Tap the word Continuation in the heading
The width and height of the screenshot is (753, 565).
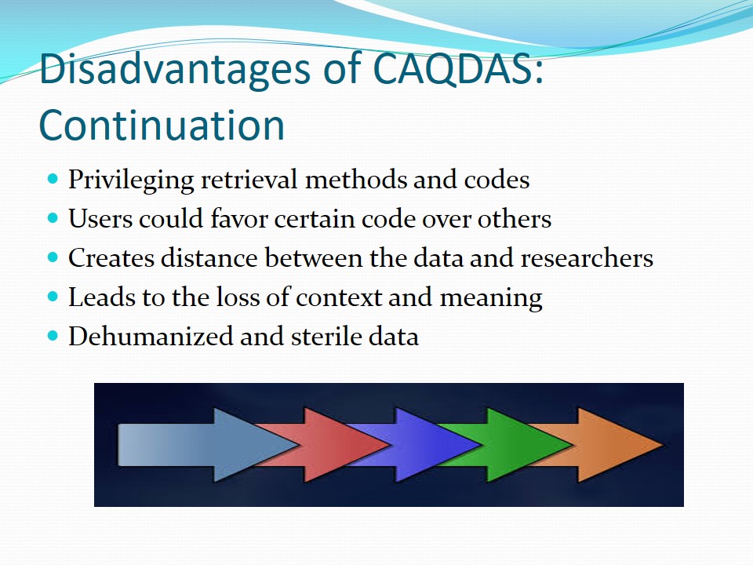pos(162,125)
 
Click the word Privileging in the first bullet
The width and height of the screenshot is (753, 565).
pos(131,181)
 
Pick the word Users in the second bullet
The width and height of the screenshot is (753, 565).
pos(101,219)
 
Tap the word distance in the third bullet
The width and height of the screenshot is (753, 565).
pos(209,257)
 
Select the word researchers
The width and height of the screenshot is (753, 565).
pos(587,257)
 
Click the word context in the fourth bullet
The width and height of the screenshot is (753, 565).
pos(339,297)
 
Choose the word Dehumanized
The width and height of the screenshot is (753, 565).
pos(151,336)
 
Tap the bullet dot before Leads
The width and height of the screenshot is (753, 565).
pos(53,297)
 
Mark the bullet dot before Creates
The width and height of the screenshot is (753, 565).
pos(53,257)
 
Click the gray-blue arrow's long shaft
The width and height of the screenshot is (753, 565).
pos(166,445)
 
